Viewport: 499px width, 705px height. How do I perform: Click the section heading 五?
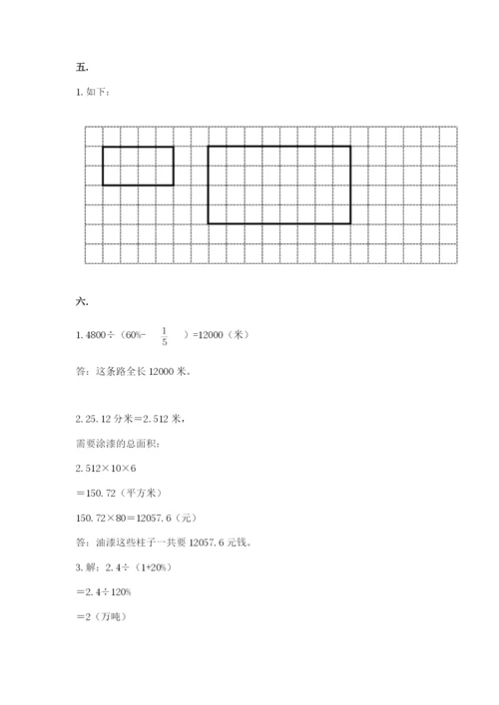tap(81, 67)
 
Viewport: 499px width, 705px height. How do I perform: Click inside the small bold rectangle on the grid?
tap(138, 166)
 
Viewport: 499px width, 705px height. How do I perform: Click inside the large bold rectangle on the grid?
tap(278, 184)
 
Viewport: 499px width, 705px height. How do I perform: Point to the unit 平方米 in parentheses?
tap(142, 493)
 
